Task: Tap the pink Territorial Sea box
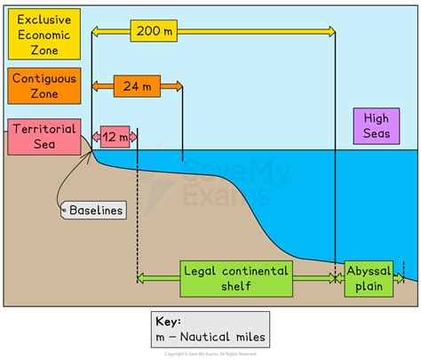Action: click(x=44, y=138)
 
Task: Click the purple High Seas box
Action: click(x=376, y=124)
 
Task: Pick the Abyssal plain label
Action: click(x=368, y=276)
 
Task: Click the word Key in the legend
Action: click(x=169, y=322)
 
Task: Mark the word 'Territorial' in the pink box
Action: click(x=44, y=129)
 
